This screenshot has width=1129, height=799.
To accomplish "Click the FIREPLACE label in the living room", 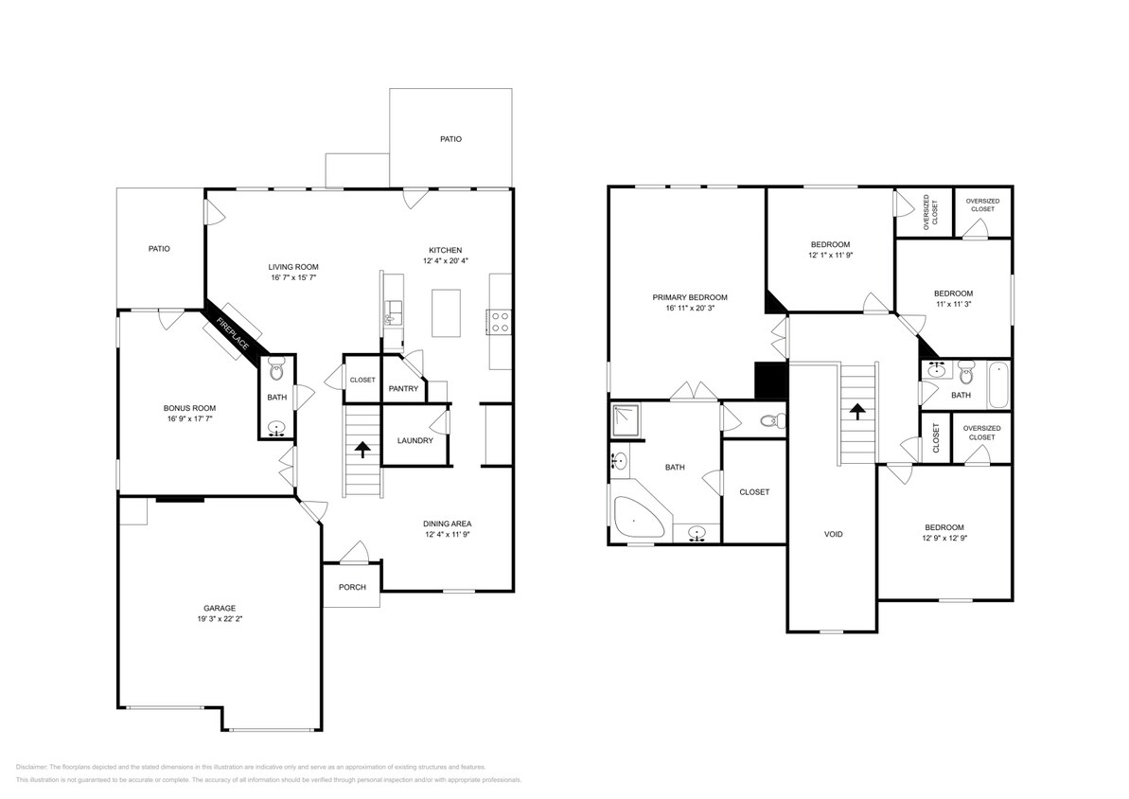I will point(232,334).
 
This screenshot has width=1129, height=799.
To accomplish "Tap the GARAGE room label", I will point(219,608).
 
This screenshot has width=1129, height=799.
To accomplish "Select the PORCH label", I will point(352,587).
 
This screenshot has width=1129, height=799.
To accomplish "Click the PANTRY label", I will point(404,388).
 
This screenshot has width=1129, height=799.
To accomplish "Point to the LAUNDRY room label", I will point(415,440).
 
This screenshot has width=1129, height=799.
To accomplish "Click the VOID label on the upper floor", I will point(833,534).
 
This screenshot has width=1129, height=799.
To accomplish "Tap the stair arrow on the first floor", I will point(362,450).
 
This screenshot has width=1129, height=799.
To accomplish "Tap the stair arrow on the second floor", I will point(858,412).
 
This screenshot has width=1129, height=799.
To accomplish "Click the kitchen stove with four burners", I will point(499,322).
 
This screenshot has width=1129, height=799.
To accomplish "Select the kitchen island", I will point(448,312).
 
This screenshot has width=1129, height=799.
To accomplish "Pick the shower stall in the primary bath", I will point(626,418).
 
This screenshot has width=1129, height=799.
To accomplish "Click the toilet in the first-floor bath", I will point(276,370).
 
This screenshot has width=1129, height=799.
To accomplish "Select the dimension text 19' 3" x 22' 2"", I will point(219,619).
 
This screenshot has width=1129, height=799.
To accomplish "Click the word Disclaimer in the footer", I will point(31,767).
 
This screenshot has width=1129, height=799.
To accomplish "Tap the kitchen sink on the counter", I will point(393,310).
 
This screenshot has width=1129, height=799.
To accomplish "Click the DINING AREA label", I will point(447,524).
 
